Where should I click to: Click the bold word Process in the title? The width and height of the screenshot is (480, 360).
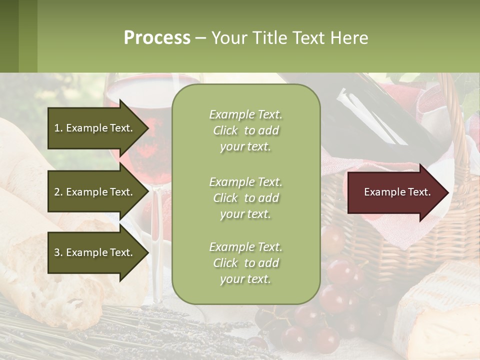[x=157, y=38]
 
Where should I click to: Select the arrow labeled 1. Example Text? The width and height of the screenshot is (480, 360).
[x=93, y=128]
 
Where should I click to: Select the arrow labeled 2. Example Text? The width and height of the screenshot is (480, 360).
[x=93, y=192]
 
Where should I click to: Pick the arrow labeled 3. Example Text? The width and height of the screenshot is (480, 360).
[x=93, y=252]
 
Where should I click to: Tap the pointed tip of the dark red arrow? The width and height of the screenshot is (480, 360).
[x=446, y=192]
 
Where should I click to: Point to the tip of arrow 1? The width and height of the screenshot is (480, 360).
[x=147, y=128]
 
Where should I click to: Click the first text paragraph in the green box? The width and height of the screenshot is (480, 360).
[x=246, y=130]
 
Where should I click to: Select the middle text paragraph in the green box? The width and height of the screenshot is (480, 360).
[x=246, y=198]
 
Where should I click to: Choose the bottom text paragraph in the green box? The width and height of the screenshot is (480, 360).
[x=246, y=263]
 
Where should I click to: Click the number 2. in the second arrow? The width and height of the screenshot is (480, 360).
[x=58, y=192]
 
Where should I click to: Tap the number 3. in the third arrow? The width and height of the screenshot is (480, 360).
[x=58, y=252]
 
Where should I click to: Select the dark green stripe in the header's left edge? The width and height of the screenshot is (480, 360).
[x=9, y=36]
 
